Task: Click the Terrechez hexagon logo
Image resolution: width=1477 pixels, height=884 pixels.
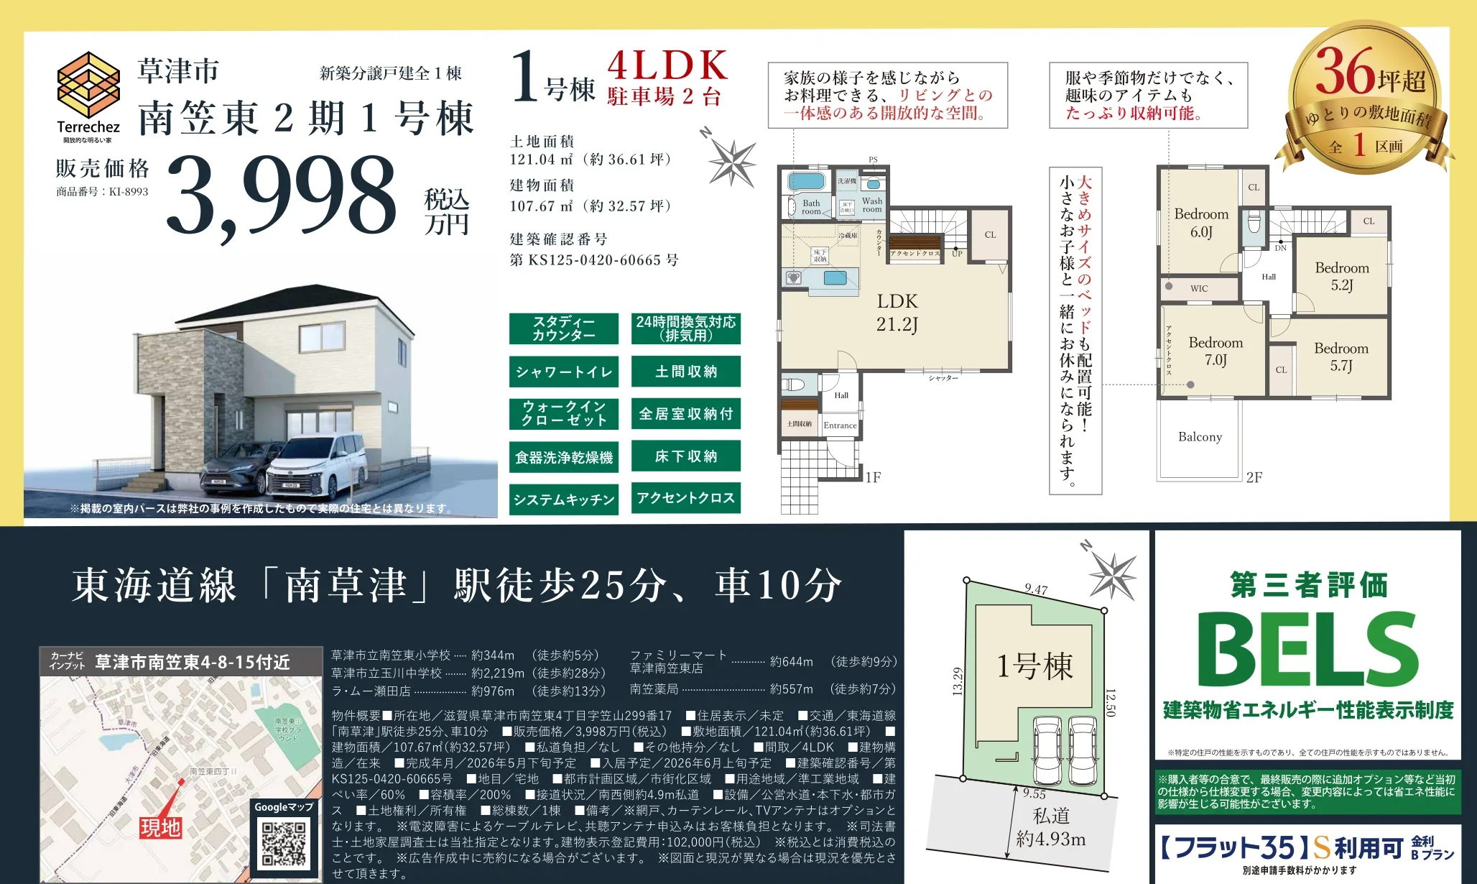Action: pos(88,84)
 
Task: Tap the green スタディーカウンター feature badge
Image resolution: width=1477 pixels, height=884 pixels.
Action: pos(564,328)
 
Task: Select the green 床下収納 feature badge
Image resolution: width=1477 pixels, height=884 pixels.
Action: pos(686,456)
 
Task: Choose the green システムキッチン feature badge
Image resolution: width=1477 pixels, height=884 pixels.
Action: pos(564,499)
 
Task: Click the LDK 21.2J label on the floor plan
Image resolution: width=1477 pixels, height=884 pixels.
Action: pos(897,313)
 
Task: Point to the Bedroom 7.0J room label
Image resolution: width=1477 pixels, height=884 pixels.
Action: pos(1216,351)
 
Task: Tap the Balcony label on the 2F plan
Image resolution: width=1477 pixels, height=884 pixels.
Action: pos(1200,437)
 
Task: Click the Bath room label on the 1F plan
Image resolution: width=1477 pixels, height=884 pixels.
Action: pos(811,207)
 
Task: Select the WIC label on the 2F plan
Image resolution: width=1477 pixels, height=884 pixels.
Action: pos(1199,289)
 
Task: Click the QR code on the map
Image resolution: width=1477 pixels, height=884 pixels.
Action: pos(284,843)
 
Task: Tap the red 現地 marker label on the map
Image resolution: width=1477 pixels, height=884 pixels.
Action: pos(160,828)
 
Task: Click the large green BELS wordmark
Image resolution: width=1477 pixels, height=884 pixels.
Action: pos(1307,650)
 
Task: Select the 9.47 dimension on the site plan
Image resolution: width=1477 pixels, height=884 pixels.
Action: pos(1036,589)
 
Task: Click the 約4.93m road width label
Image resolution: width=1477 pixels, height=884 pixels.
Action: pos(1051,839)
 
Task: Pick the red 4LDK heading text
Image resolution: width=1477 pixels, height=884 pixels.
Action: pos(667,66)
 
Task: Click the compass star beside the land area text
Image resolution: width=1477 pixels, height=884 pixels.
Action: pos(731,162)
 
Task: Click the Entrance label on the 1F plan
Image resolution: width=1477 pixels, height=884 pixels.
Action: pos(840,425)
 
